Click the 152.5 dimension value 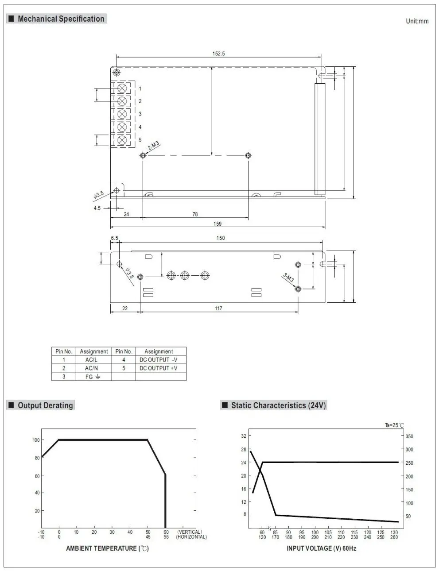coord(218,54)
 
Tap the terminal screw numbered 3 coord(122,114)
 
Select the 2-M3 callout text coord(154,145)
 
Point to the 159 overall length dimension coord(218,224)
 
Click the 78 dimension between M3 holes coord(195,214)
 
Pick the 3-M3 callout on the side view coord(288,278)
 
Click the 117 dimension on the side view coord(218,308)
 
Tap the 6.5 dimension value coord(114,238)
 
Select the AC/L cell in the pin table coord(91,360)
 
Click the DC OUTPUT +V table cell coord(158,368)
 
